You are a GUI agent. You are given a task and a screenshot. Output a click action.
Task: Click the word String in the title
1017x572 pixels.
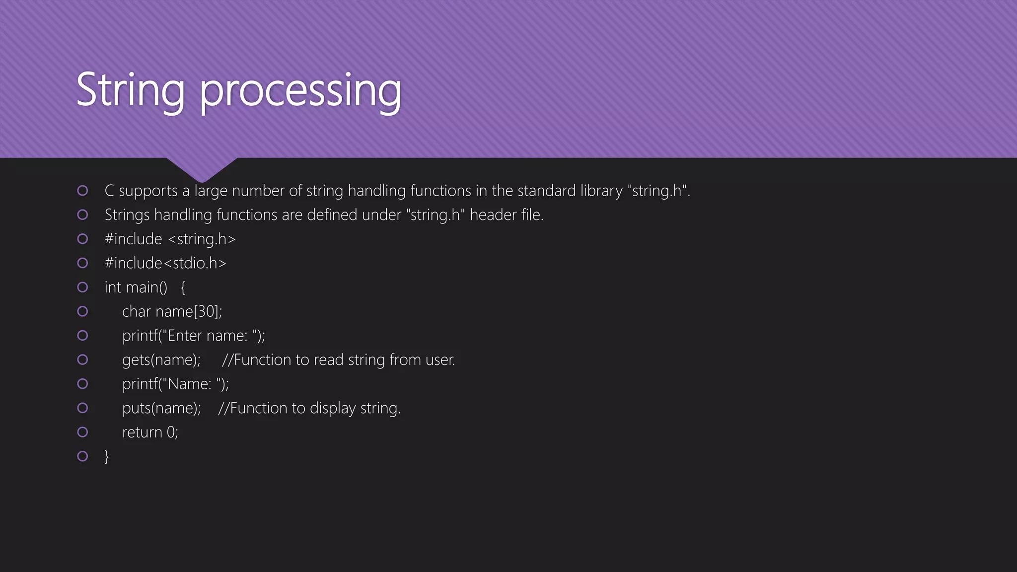point(130,90)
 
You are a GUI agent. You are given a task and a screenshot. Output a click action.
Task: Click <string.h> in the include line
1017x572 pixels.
point(202,239)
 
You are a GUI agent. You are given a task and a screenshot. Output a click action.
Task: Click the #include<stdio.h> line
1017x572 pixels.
point(165,263)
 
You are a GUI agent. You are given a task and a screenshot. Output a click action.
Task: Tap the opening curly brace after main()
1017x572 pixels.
point(183,287)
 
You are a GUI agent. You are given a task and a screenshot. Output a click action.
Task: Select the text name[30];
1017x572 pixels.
point(189,311)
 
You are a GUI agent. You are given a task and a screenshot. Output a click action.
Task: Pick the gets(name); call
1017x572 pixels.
point(161,360)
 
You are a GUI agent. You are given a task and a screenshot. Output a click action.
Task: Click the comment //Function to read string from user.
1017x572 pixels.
point(338,360)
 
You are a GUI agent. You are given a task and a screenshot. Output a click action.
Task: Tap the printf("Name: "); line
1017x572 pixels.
point(175,384)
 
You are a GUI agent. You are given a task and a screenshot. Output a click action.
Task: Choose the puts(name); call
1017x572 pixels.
point(161,408)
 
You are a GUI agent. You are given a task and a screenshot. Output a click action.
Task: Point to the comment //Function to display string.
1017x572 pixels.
point(309,408)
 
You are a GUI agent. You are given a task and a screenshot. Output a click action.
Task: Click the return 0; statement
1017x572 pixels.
point(150,432)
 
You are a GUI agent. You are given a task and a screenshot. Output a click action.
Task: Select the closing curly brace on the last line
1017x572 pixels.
point(107,456)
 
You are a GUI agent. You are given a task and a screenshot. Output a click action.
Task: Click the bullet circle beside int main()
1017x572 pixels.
point(83,287)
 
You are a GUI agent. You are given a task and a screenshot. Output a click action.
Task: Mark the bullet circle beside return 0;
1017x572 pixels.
point(83,432)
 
